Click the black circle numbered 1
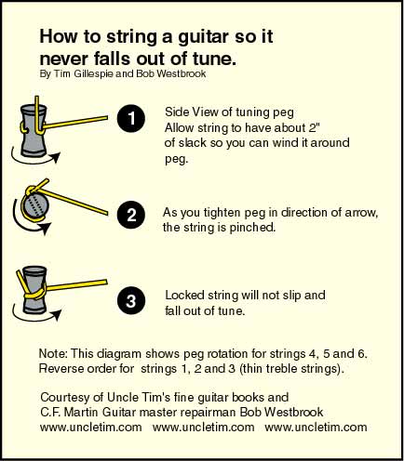point(131,118)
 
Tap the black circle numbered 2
point(131,215)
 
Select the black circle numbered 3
point(131,301)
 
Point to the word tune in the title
point(212,59)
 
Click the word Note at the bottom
point(52,353)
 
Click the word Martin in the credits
point(81,412)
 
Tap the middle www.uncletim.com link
point(203,428)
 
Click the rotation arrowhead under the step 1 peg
point(55,158)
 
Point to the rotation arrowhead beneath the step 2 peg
point(46,228)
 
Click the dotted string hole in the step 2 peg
point(36,205)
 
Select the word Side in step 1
point(177,112)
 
